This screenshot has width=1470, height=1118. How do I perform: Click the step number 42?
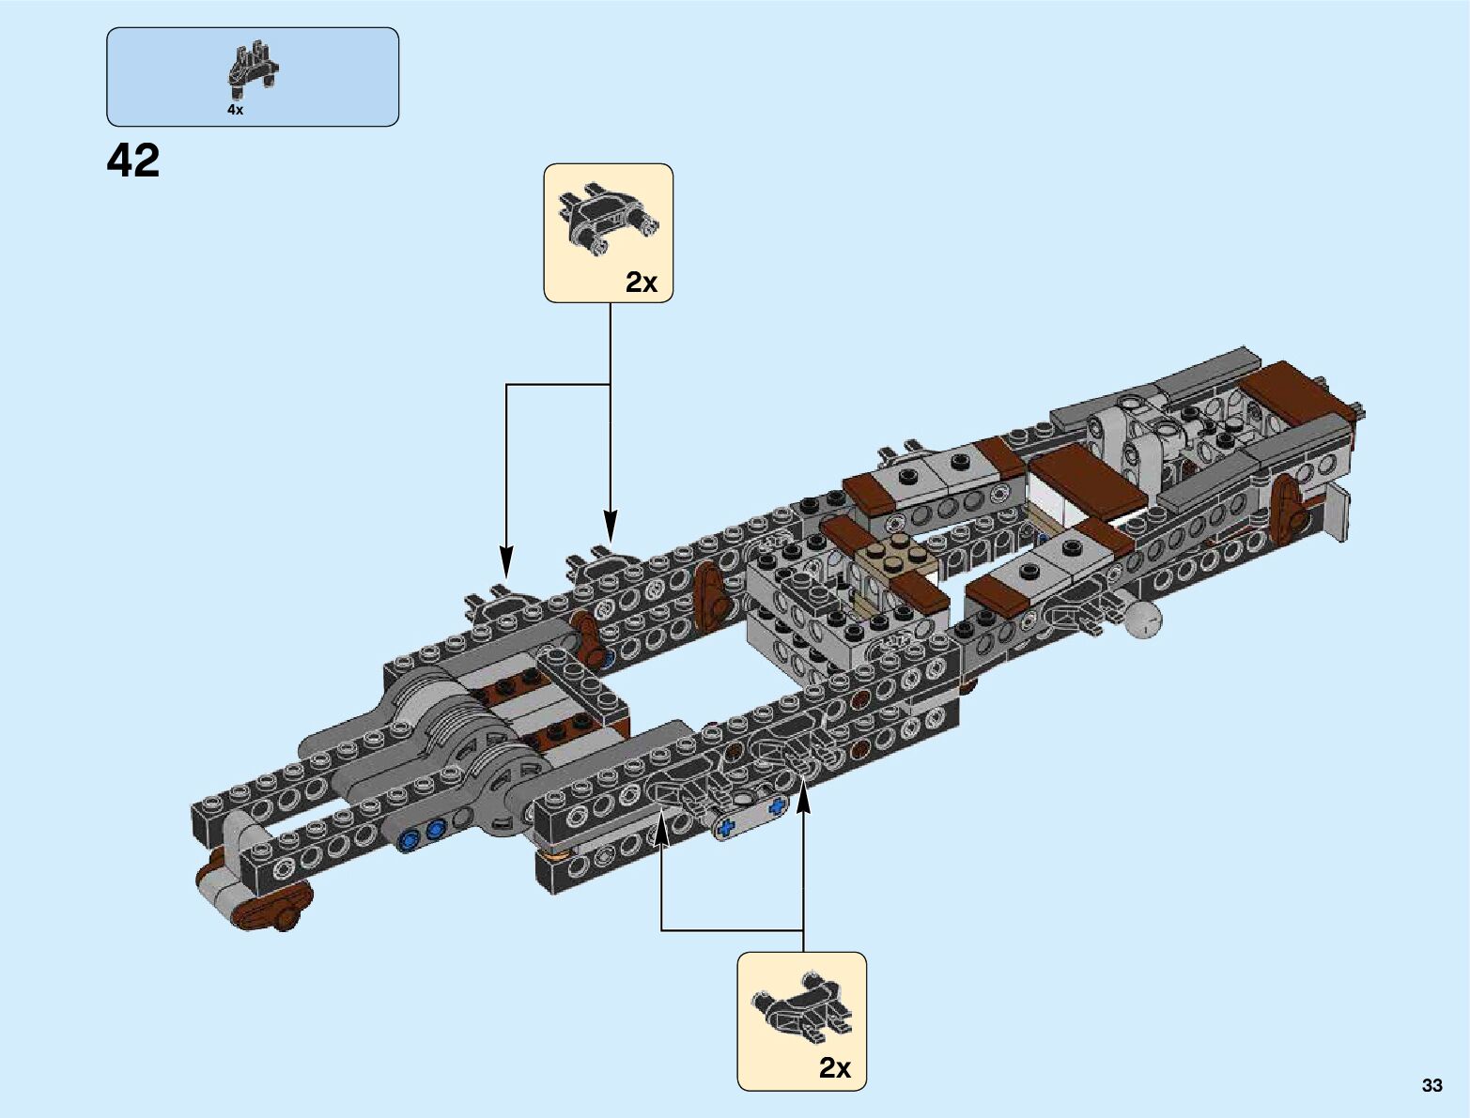click(133, 161)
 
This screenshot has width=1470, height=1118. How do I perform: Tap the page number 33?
click(1431, 1085)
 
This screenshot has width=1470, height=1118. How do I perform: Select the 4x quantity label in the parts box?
click(235, 110)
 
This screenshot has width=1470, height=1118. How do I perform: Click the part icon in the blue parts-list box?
click(252, 70)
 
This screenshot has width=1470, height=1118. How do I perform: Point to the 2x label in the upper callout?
click(642, 282)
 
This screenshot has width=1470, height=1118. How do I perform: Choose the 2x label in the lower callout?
click(835, 1067)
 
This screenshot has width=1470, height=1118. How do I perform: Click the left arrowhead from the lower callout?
click(661, 825)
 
